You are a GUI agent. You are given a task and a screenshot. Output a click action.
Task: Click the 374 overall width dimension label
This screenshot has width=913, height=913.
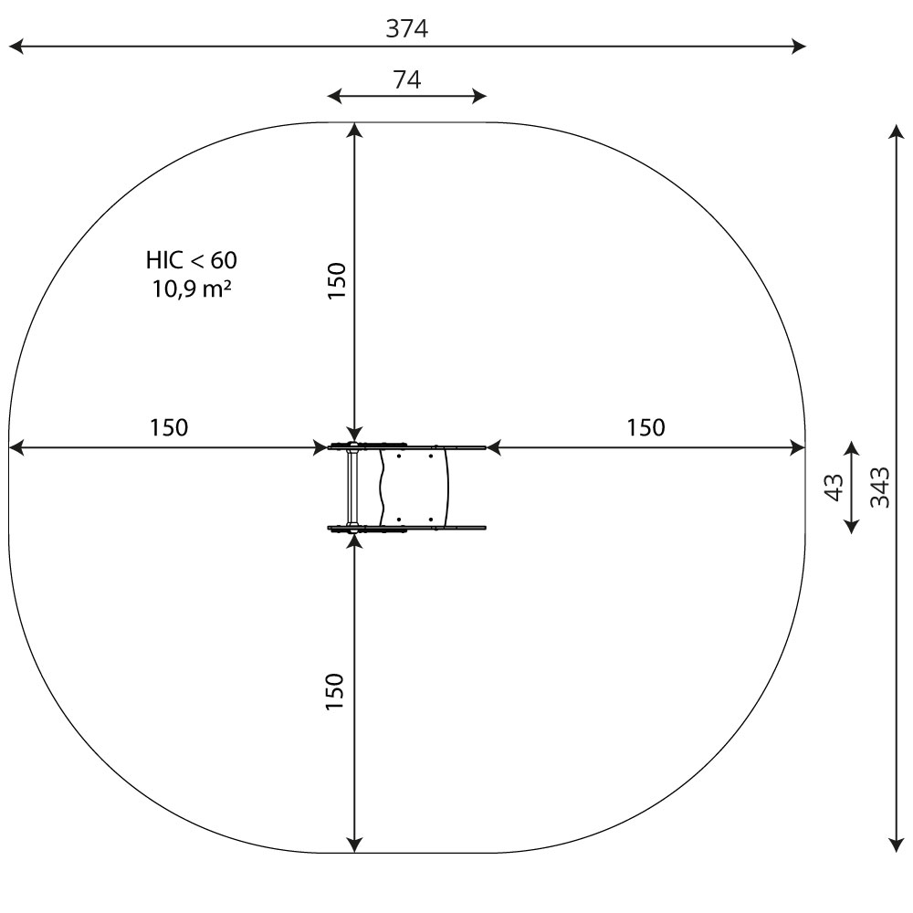coord(407,28)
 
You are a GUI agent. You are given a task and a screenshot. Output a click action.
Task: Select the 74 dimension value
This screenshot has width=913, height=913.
coord(407,79)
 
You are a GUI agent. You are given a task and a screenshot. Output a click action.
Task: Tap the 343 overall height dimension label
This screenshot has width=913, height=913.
coord(880,488)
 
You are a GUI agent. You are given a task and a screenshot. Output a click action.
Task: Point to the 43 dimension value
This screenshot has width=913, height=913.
coord(834,488)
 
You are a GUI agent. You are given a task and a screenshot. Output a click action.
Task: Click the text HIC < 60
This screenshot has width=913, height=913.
coord(192,260)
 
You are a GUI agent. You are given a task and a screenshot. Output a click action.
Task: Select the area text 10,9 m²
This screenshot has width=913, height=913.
coord(192,289)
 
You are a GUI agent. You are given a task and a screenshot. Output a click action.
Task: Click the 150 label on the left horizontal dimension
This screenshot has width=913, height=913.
coord(169,427)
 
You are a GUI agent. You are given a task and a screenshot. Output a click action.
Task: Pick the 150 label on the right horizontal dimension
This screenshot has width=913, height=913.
coord(645,427)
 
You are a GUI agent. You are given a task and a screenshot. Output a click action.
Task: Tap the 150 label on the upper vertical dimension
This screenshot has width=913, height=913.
coord(337,280)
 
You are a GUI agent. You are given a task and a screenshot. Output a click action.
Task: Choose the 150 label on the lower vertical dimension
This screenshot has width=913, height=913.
coord(335,691)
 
